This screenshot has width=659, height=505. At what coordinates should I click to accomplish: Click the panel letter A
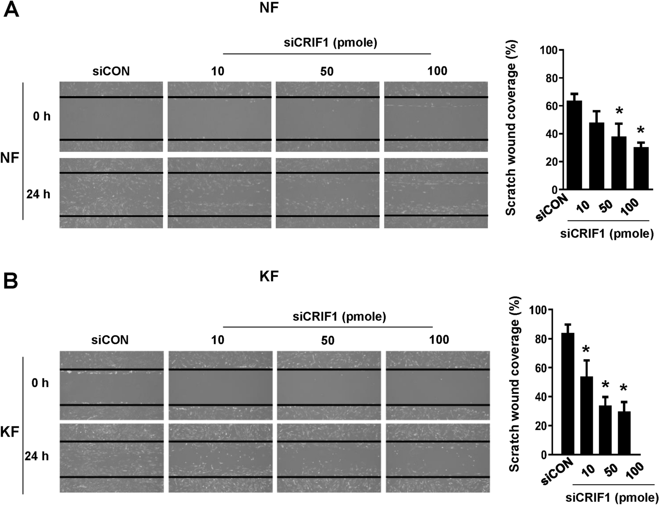(11, 10)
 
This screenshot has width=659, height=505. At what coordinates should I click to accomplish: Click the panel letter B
(11, 281)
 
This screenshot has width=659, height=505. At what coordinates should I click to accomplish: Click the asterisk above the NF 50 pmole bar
(619, 111)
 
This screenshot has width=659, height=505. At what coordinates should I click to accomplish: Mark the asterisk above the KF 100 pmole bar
(623, 389)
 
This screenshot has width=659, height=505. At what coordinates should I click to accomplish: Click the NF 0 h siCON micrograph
(111, 117)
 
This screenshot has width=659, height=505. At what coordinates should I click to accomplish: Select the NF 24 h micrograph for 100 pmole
(436, 193)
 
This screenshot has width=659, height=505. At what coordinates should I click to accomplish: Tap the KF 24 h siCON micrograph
(111, 458)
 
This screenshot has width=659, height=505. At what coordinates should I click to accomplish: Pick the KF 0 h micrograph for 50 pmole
(329, 385)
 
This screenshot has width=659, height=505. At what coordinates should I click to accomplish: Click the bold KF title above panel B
(269, 276)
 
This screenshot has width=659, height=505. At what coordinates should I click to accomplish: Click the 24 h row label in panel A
(38, 194)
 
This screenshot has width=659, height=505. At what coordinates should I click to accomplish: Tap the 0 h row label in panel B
(40, 383)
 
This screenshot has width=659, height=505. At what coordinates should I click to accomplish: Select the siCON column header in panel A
(111, 71)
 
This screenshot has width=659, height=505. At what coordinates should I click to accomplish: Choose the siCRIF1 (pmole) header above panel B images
(339, 317)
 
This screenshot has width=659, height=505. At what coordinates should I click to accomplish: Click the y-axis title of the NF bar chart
(512, 128)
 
